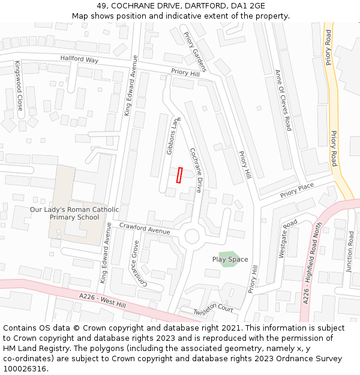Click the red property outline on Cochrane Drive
179,175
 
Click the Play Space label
230,259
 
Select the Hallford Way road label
79,59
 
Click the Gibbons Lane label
173,136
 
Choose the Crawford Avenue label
145,228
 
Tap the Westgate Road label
288,238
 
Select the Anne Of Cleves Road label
283,100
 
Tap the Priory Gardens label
195,52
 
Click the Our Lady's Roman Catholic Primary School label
74,213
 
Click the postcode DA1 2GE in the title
249,5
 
